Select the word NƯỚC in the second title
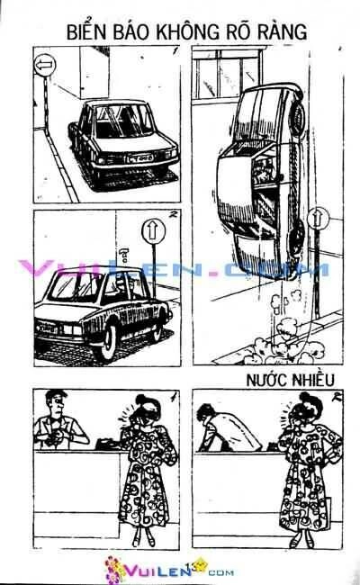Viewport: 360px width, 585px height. click(x=266, y=380)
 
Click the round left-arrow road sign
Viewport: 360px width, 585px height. click(x=45, y=66)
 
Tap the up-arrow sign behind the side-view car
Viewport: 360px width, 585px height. click(x=153, y=231)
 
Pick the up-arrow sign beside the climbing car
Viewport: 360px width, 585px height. click(x=318, y=219)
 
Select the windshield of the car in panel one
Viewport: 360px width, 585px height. click(x=125, y=121)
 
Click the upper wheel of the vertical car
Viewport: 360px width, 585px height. click(x=297, y=118)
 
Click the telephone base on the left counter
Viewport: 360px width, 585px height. click(x=108, y=444)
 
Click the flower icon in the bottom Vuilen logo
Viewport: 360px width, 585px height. click(x=114, y=568)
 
